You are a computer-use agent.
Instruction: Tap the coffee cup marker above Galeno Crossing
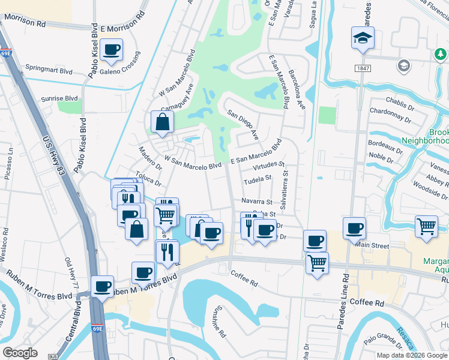111,50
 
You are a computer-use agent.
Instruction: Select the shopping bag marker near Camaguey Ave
162,122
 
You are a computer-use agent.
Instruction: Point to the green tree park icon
442,55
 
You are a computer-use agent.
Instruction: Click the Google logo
20,353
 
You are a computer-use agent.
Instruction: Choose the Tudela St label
258,178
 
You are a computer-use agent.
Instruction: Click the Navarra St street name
257,202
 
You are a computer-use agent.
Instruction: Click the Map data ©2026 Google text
412,355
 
